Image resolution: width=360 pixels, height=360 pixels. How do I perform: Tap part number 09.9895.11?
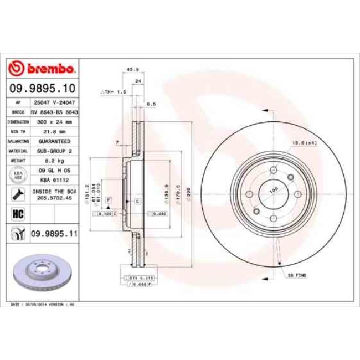tap(53, 234)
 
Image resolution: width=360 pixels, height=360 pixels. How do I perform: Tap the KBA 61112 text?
tap(50, 179)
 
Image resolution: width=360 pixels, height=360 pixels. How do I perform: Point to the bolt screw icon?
tap(17, 194)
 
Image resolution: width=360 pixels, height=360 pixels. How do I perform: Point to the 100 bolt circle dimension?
tap(273, 190)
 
